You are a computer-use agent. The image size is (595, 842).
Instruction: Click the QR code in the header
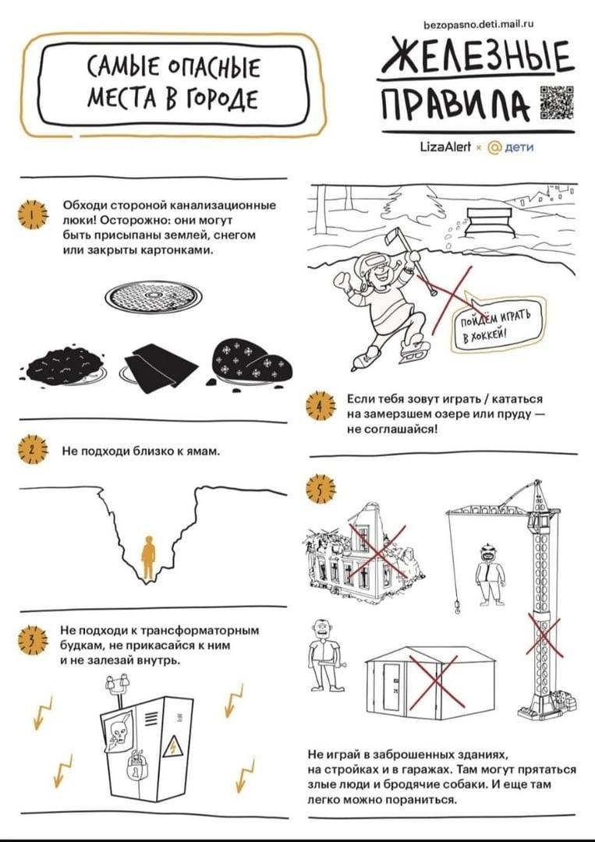click(556, 102)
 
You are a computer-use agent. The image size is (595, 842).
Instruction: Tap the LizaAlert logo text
click(445, 147)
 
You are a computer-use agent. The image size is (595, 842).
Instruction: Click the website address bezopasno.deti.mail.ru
click(479, 24)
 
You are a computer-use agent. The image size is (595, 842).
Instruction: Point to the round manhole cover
click(153, 296)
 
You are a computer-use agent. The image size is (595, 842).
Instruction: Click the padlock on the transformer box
click(136, 769)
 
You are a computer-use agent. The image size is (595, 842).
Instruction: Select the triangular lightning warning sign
click(173, 747)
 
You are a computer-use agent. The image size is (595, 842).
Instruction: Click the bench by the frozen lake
click(490, 221)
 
